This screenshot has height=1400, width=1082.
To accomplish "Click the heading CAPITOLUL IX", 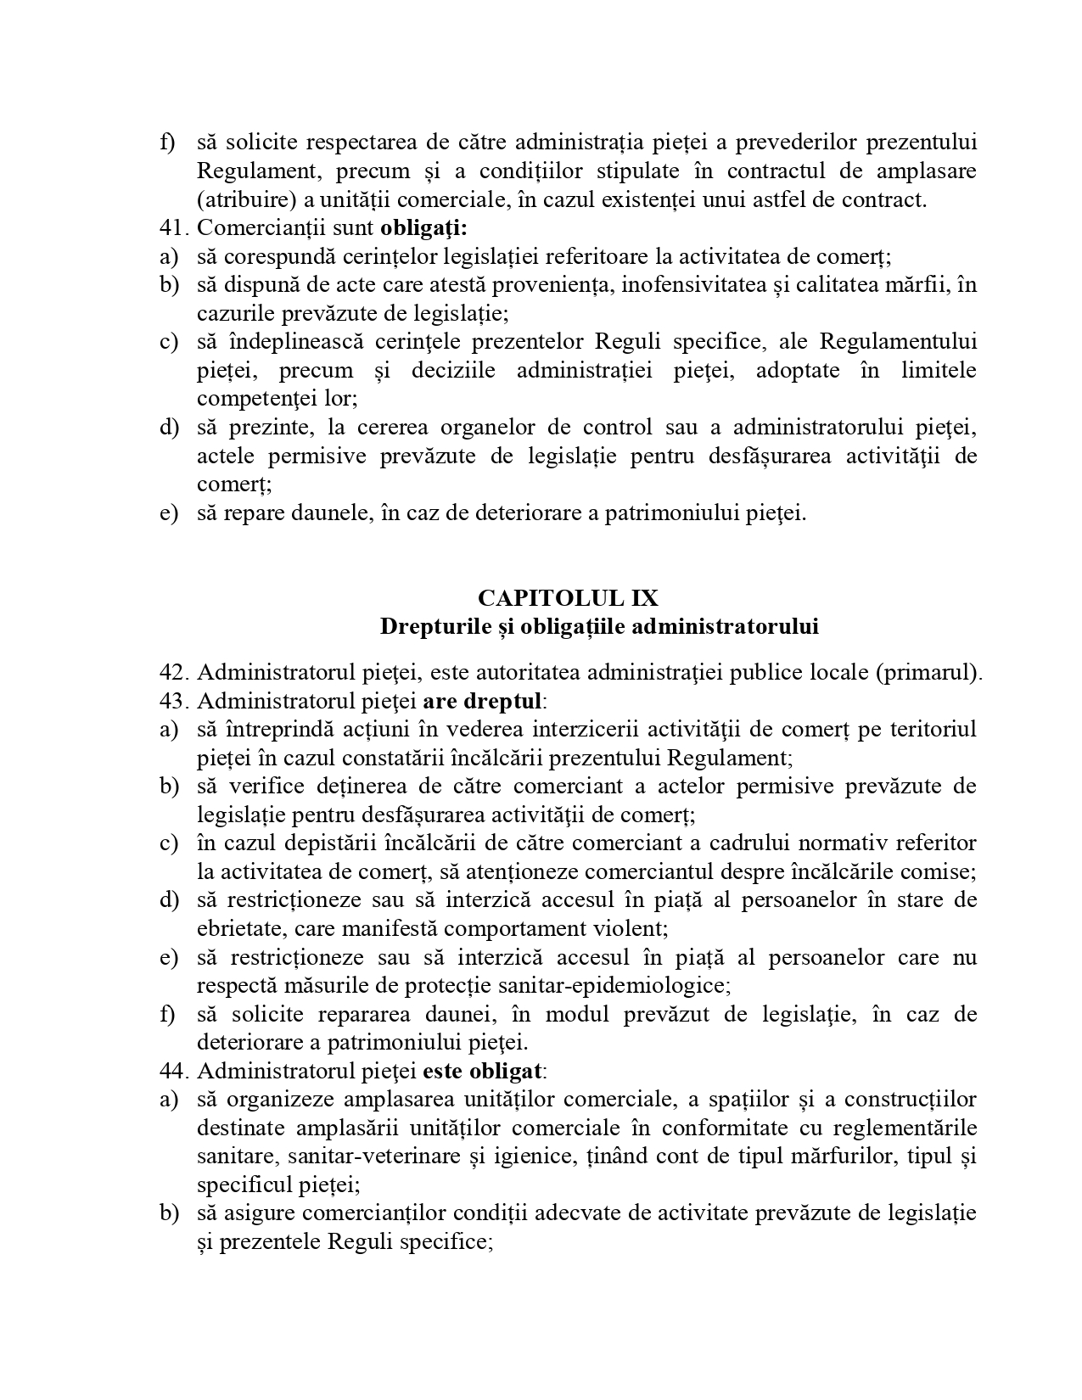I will point(568,597).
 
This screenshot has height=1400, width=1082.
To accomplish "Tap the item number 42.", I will point(171,672).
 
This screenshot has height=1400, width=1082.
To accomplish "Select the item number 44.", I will point(171,1071).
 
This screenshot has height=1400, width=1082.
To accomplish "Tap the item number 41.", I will point(171,227).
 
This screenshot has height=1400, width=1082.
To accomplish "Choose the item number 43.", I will point(171,701).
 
